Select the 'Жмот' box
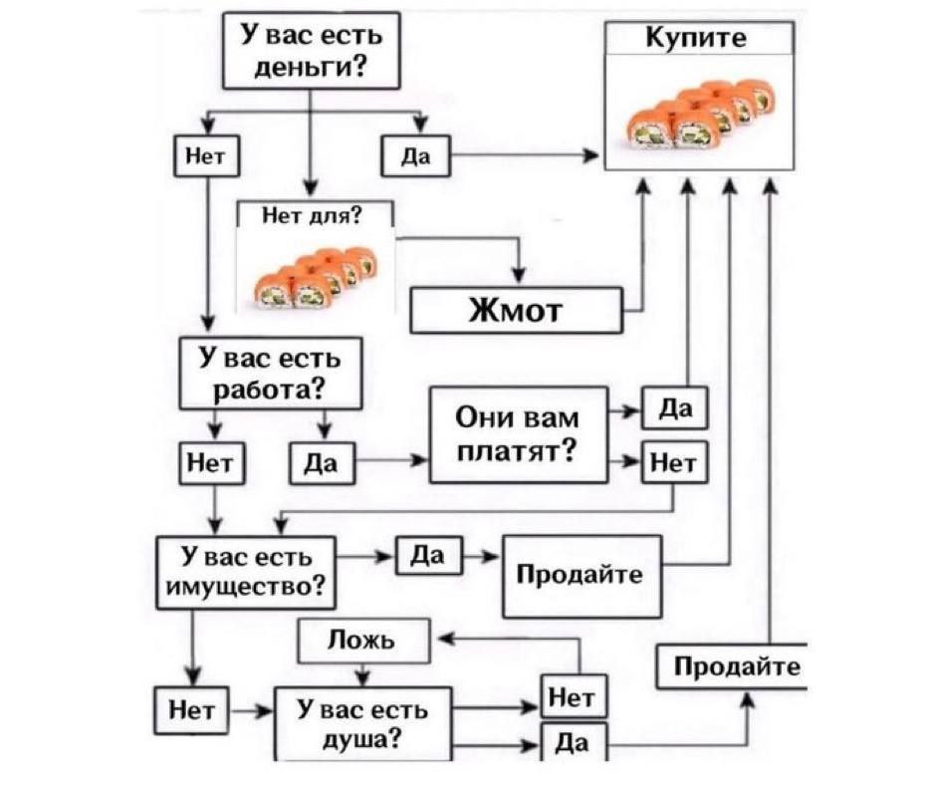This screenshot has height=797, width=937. coord(516,311)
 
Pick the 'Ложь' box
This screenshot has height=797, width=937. coord(363,641)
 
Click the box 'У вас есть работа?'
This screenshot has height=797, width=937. coord(270,373)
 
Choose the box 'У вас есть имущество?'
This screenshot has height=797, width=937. coord(246,572)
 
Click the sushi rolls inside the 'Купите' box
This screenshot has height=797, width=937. coord(701,115)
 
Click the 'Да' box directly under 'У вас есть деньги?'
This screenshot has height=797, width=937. coord(416,156)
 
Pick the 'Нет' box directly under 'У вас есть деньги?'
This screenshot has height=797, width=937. coord(206,156)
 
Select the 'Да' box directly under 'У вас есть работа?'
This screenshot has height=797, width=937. coord(322,463)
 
